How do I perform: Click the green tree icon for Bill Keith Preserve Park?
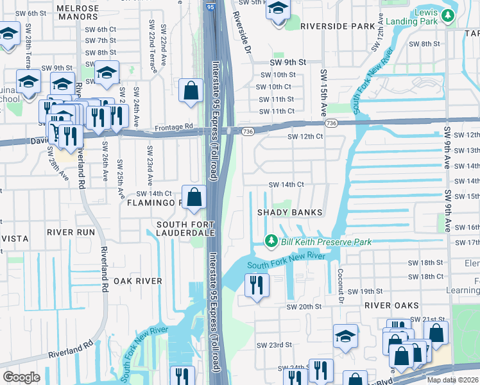tap(271, 241)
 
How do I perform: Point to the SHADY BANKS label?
tap(289, 212)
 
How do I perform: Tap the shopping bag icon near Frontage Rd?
tap(191, 91)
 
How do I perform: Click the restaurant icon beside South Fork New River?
tap(257, 286)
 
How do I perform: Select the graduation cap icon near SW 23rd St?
tap(345, 336)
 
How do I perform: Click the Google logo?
tap(21, 377)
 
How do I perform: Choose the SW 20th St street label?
tap(304, 307)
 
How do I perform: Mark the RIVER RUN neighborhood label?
tap(71, 232)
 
